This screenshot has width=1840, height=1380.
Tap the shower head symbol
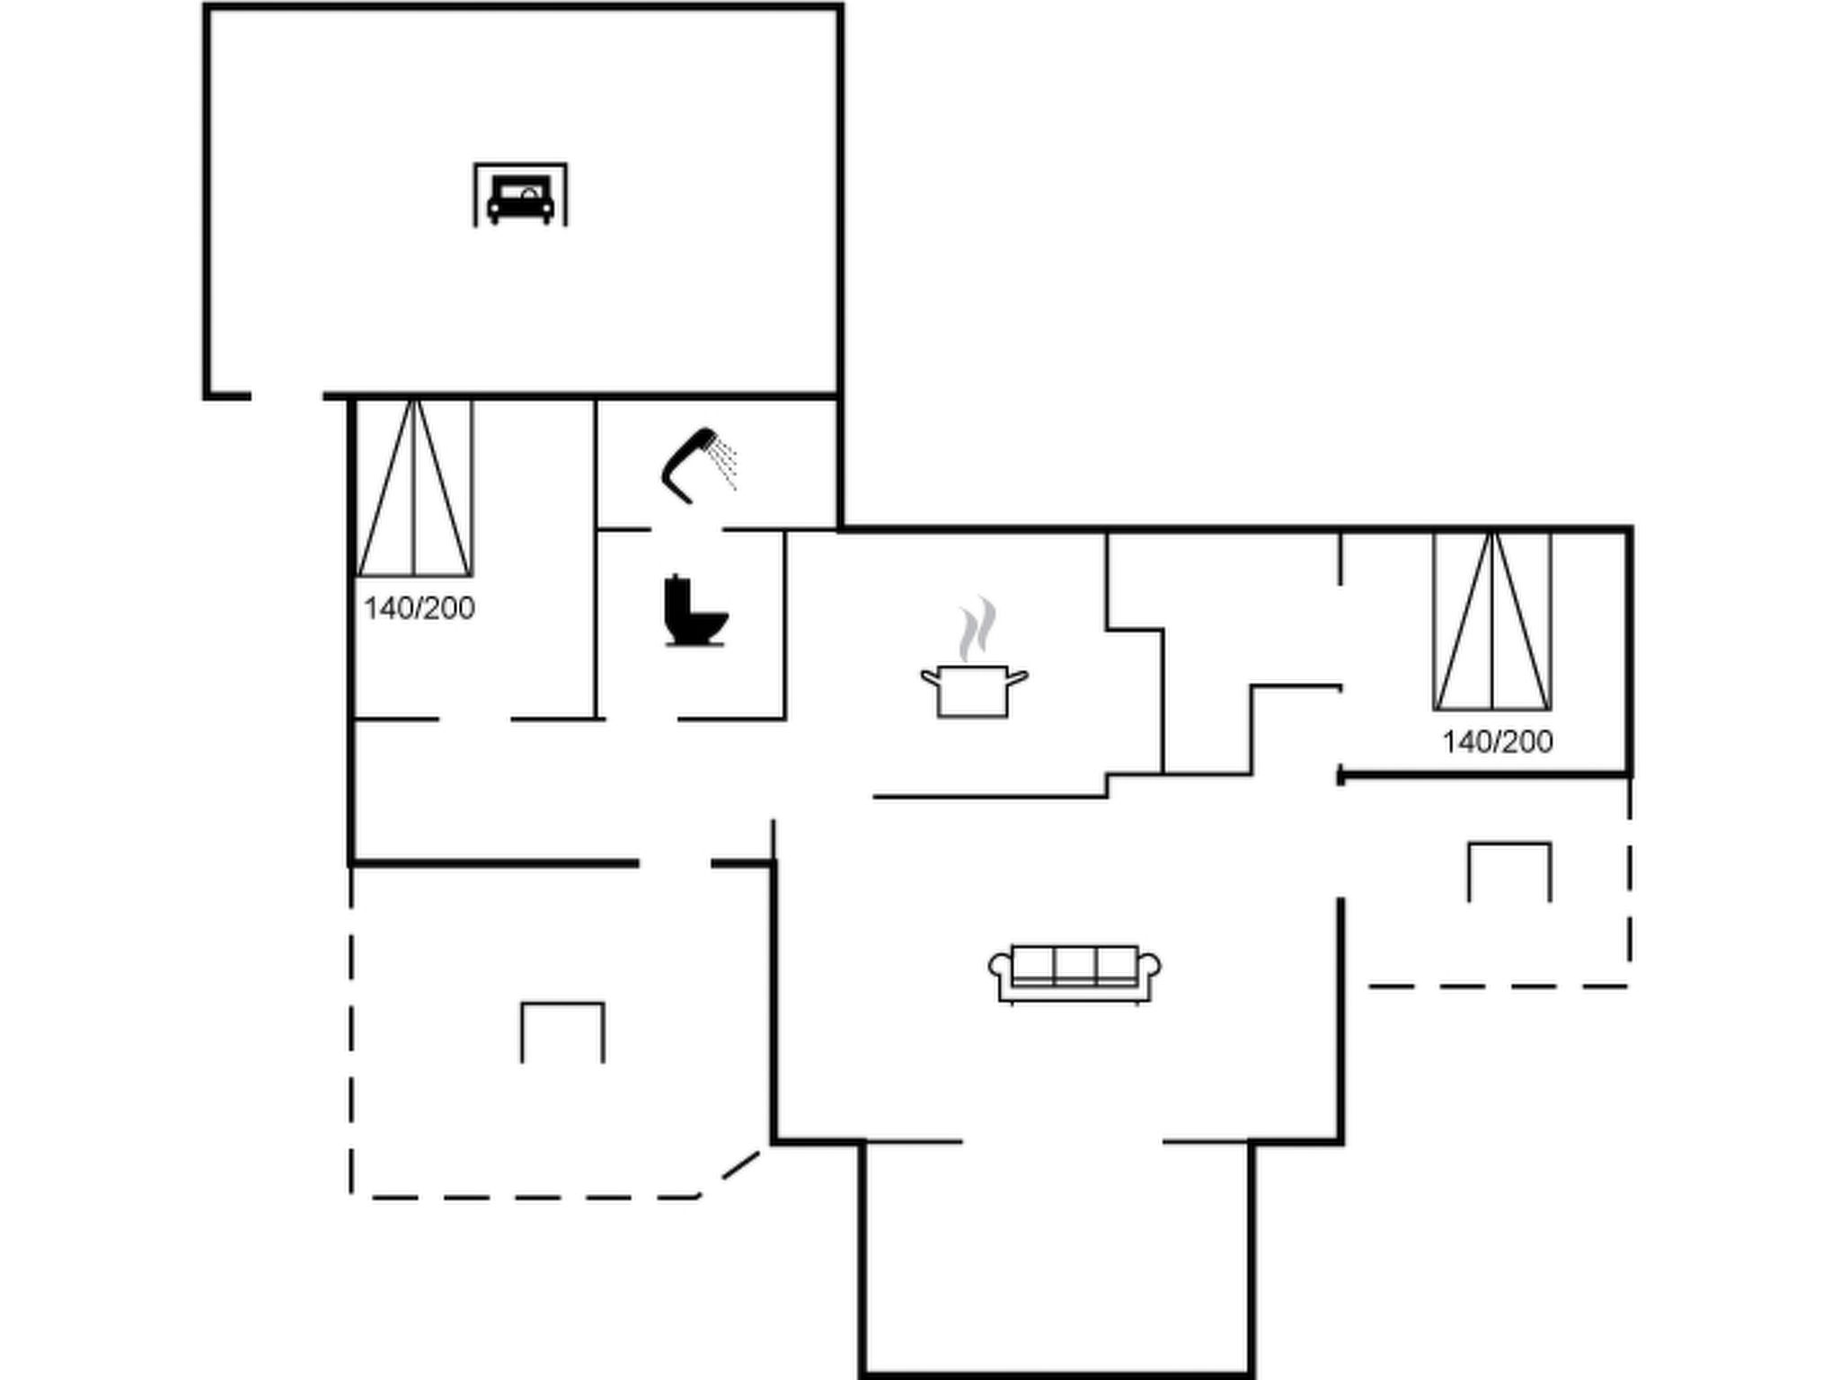[690, 464]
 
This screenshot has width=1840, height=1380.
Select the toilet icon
[694, 610]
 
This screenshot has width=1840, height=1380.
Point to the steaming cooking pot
[974, 690]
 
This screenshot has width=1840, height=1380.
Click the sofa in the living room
[1075, 974]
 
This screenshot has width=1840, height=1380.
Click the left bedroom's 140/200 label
[419, 608]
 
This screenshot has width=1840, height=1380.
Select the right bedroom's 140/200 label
[1497, 741]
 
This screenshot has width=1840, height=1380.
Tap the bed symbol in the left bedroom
[414, 488]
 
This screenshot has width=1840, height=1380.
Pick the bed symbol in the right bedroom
[1492, 621]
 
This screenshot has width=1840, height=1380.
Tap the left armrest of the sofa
[1000, 967]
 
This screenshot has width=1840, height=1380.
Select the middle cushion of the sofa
[1075, 965]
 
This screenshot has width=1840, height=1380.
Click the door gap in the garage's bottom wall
[287, 395]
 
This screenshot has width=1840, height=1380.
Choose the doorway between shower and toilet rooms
[687, 529]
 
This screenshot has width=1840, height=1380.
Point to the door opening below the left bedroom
[475, 719]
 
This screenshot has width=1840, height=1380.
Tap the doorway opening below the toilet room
[641, 719]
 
